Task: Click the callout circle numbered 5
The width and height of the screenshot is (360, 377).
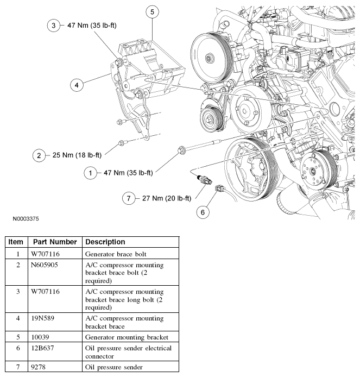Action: (x=153, y=11)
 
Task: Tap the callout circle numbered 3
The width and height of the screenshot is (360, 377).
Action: (x=52, y=26)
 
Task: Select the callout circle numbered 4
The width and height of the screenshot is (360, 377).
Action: (x=77, y=85)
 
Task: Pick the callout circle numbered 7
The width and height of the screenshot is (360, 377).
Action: (x=129, y=199)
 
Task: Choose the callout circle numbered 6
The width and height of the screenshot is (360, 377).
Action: (x=203, y=212)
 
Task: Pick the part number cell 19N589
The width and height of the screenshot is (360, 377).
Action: (x=45, y=322)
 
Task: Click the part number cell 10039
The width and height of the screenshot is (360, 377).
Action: (x=41, y=337)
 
